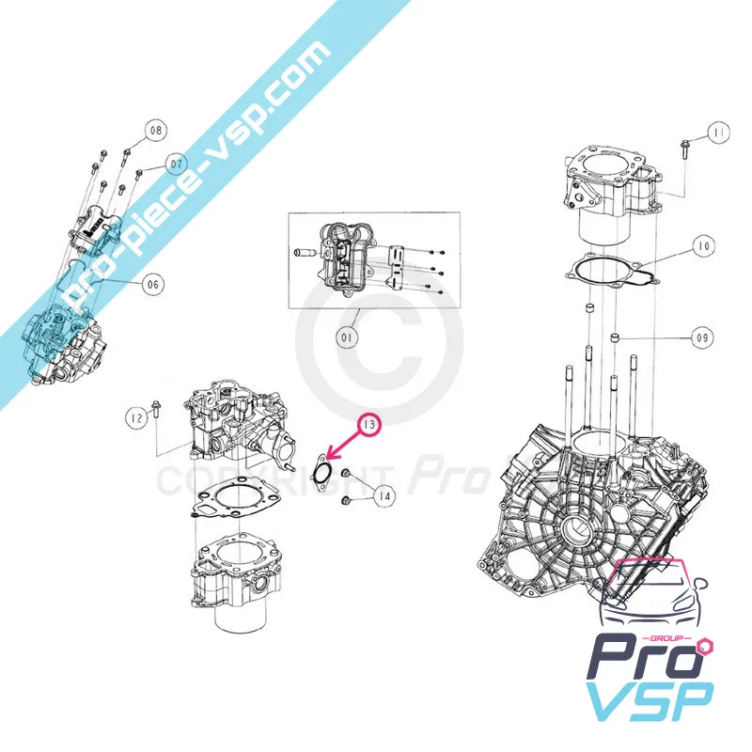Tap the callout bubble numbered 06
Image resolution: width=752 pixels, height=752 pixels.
[x=153, y=283]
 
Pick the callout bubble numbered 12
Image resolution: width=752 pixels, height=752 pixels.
[x=137, y=414]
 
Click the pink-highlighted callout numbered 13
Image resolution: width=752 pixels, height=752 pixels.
[x=369, y=426]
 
